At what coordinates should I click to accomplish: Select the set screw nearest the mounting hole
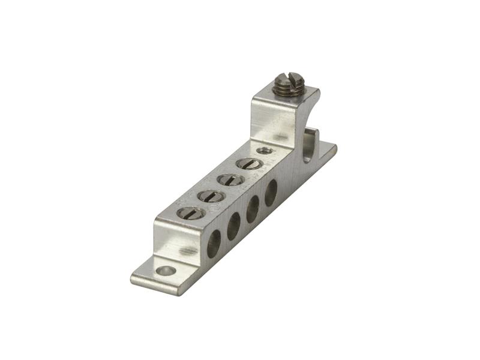pyautogui.click(x=190, y=212)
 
